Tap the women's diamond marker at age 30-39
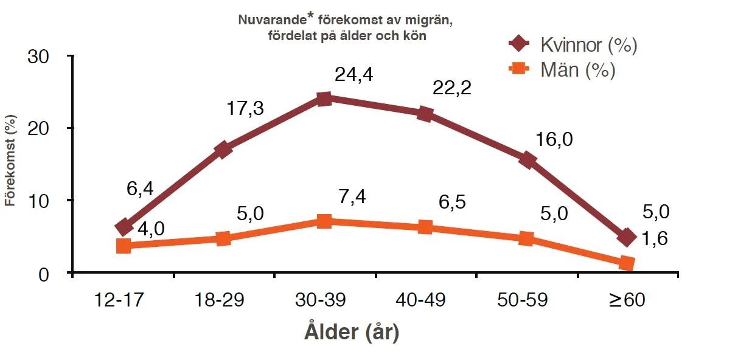point(324,99)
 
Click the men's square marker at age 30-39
point(324,221)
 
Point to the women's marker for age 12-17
point(124,227)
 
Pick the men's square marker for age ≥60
point(627,263)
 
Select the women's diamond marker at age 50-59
point(527,161)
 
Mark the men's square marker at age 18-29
point(223,238)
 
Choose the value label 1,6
point(655,238)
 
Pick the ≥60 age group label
point(627,300)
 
